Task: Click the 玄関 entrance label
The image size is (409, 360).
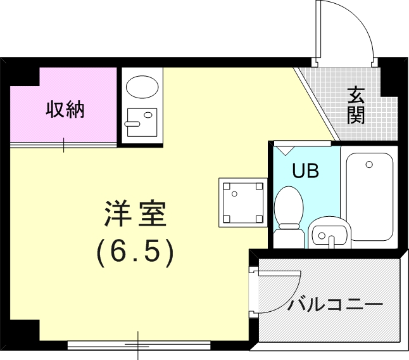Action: pos(356,105)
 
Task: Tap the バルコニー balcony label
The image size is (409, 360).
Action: pos(336,304)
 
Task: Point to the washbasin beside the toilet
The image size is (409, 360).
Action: pos(328,234)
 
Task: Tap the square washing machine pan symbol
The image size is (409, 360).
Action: pos(242,202)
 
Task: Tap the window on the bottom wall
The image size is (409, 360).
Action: pos(139,345)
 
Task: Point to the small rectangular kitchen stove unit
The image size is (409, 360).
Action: pos(141,120)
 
